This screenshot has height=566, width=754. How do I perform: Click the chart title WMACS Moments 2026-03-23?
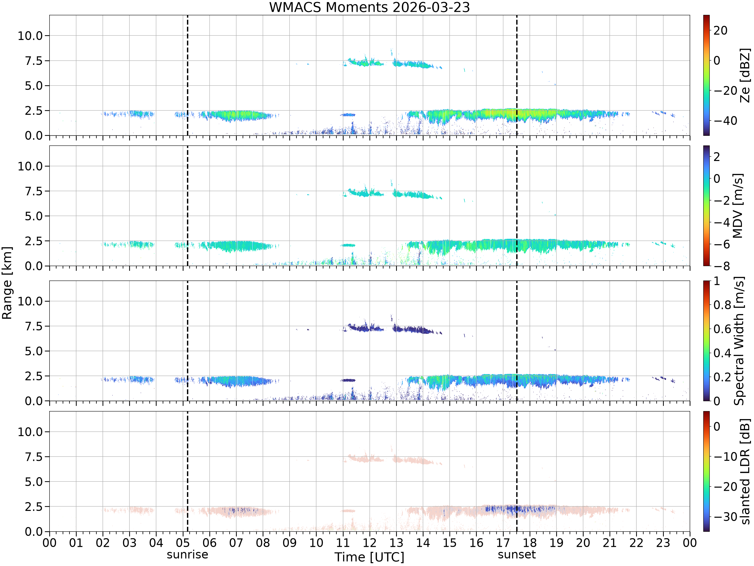click(x=369, y=7)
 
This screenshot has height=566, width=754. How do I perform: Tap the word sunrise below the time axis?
click(x=187, y=554)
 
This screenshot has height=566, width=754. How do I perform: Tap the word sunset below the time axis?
click(x=517, y=554)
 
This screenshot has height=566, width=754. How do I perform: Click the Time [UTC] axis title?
click(x=369, y=557)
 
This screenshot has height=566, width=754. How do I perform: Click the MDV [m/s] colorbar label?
click(x=738, y=206)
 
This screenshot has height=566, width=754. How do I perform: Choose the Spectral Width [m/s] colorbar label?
click(x=739, y=341)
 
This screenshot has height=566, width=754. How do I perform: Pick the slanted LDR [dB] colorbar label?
click(x=745, y=471)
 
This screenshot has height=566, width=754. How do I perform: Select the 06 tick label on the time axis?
click(x=210, y=542)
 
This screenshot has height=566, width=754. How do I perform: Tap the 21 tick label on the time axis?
click(x=610, y=542)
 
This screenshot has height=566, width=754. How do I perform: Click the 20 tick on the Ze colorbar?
click(x=721, y=30)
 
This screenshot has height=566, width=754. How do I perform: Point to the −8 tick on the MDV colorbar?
click(x=722, y=266)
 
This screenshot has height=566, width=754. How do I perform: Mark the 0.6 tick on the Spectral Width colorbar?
click(x=723, y=329)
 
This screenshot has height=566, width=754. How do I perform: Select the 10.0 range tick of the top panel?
click(x=30, y=35)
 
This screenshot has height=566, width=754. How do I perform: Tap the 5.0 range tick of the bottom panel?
click(x=34, y=482)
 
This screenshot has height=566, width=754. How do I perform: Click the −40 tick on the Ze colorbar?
click(x=726, y=121)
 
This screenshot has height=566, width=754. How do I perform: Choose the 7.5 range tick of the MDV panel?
click(x=34, y=191)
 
